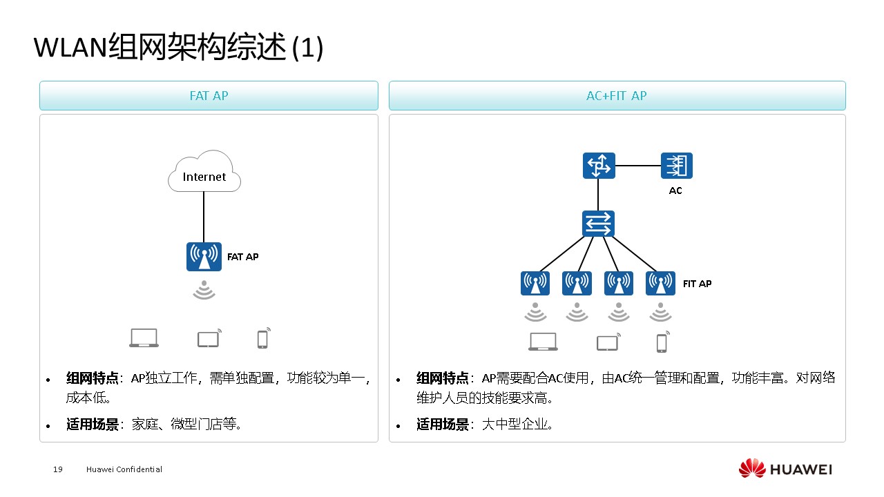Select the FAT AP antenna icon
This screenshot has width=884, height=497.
coord(204,257)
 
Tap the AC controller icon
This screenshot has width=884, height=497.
coord(676,166)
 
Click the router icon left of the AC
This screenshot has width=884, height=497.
coord(599,166)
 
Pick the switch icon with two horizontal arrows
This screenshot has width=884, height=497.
coord(598,224)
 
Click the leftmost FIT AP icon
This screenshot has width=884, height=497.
coord(535,283)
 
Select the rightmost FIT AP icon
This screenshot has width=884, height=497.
coord(660,283)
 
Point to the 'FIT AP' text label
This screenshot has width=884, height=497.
coord(697,284)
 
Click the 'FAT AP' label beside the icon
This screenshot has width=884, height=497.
coord(243,257)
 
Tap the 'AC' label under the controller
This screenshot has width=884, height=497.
coord(675,191)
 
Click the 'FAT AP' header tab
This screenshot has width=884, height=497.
coord(209,96)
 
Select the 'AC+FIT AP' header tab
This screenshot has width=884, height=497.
coord(617,96)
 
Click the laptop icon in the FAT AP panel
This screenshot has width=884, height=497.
coord(144,338)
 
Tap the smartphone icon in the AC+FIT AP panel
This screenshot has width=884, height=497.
coord(662,342)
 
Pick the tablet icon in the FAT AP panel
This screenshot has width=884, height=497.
coord(209,338)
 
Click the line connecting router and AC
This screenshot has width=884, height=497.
coord(637,166)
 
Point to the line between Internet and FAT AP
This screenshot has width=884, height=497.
coord(204,217)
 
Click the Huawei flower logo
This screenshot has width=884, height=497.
coord(752,469)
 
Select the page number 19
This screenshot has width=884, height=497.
coord(58,469)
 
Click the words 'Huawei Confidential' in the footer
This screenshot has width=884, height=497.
coord(124,469)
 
